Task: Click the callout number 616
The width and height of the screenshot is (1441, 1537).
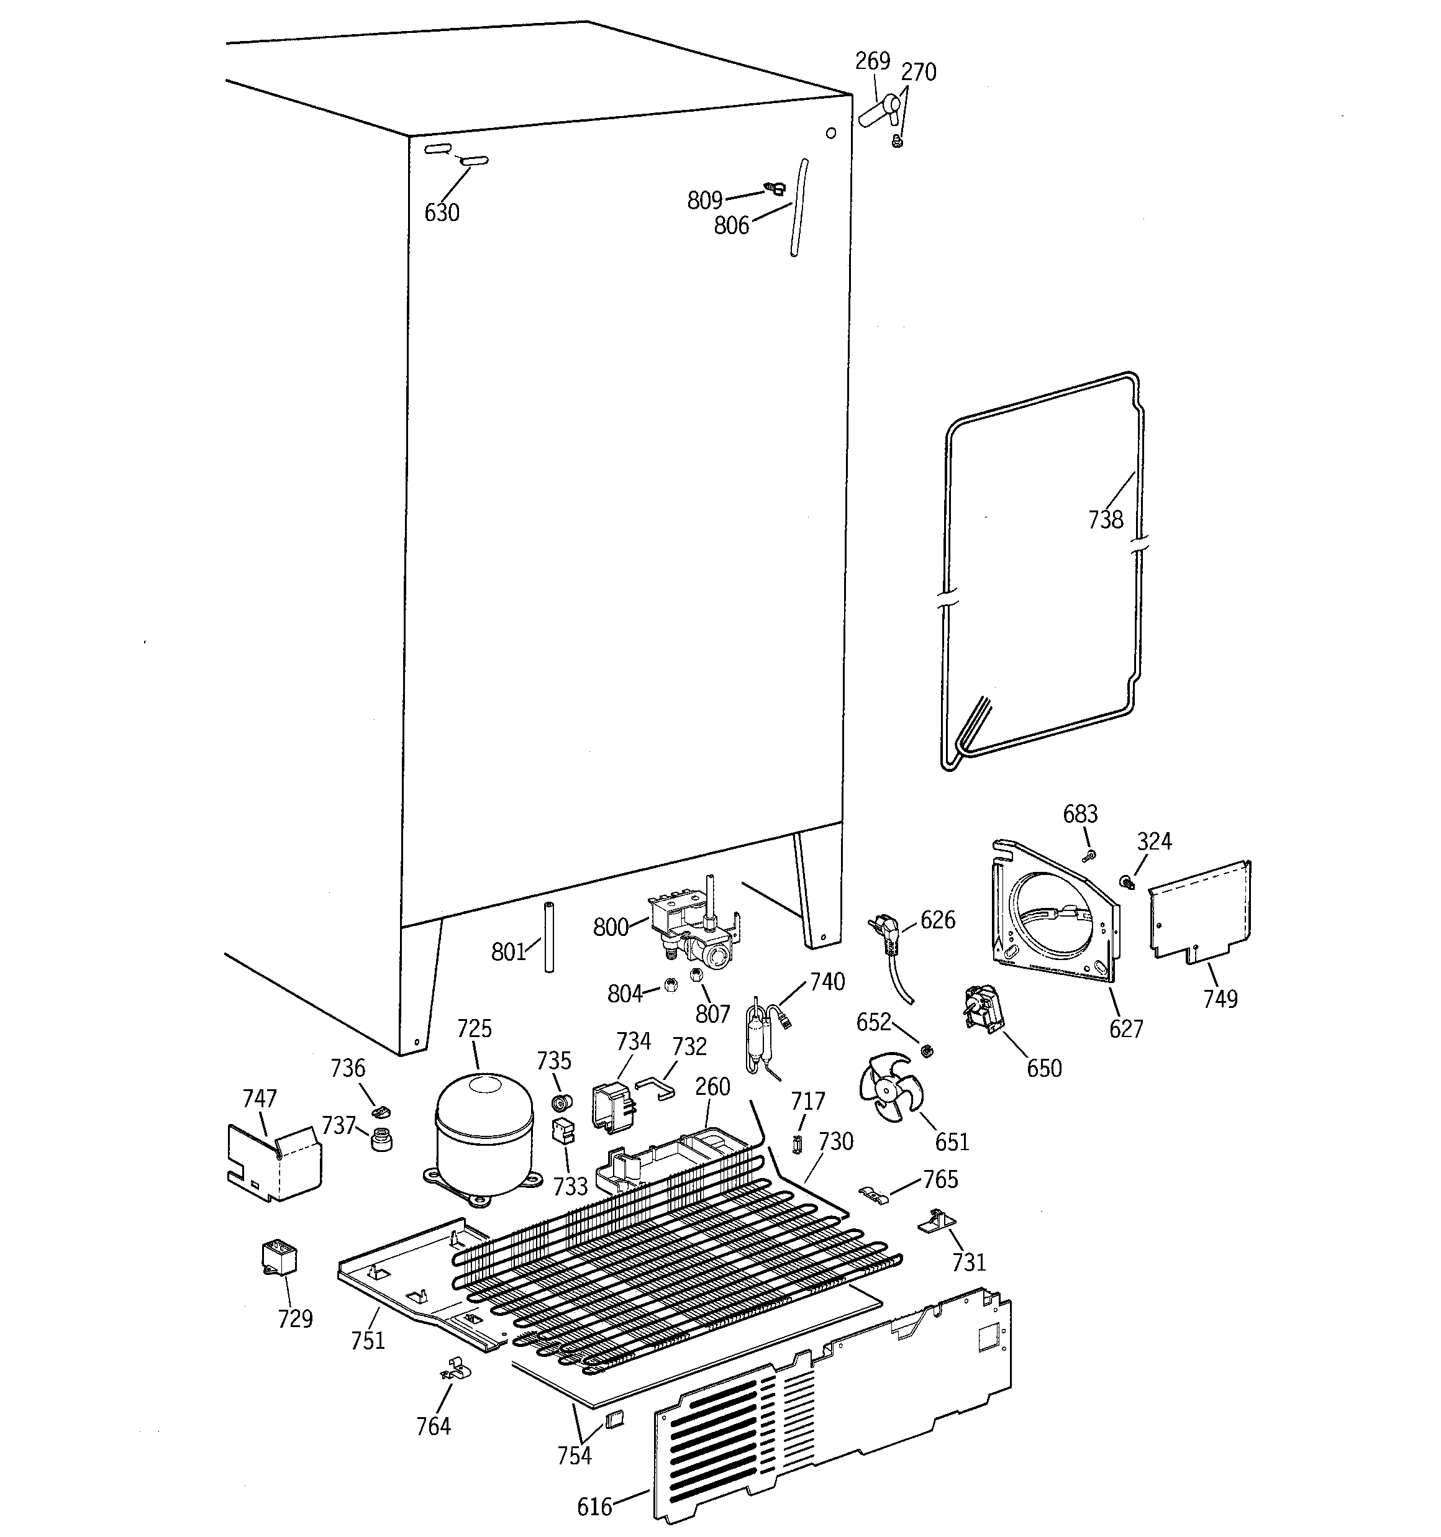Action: click(594, 1507)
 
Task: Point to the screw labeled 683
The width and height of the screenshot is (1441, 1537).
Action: click(1091, 855)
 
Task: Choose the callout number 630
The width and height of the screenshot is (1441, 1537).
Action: click(442, 212)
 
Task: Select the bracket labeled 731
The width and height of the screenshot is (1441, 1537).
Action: click(936, 1222)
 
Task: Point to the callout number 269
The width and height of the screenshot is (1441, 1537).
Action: click(873, 61)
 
